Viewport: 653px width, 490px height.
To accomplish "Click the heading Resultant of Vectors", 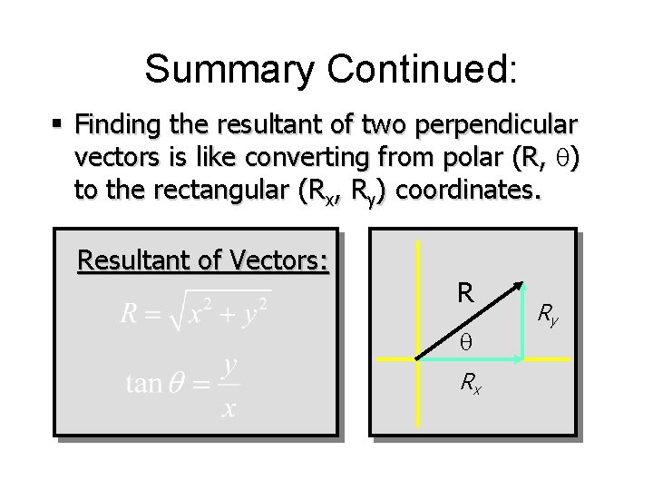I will [203, 260].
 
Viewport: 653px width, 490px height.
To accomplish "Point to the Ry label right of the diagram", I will [548, 315].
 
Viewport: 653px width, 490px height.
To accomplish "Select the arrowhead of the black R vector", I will [521, 288].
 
